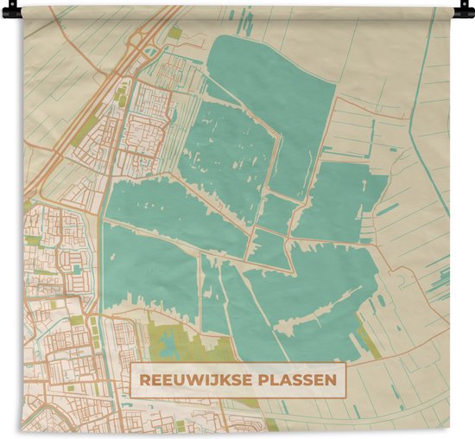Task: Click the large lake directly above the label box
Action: click(311, 302)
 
